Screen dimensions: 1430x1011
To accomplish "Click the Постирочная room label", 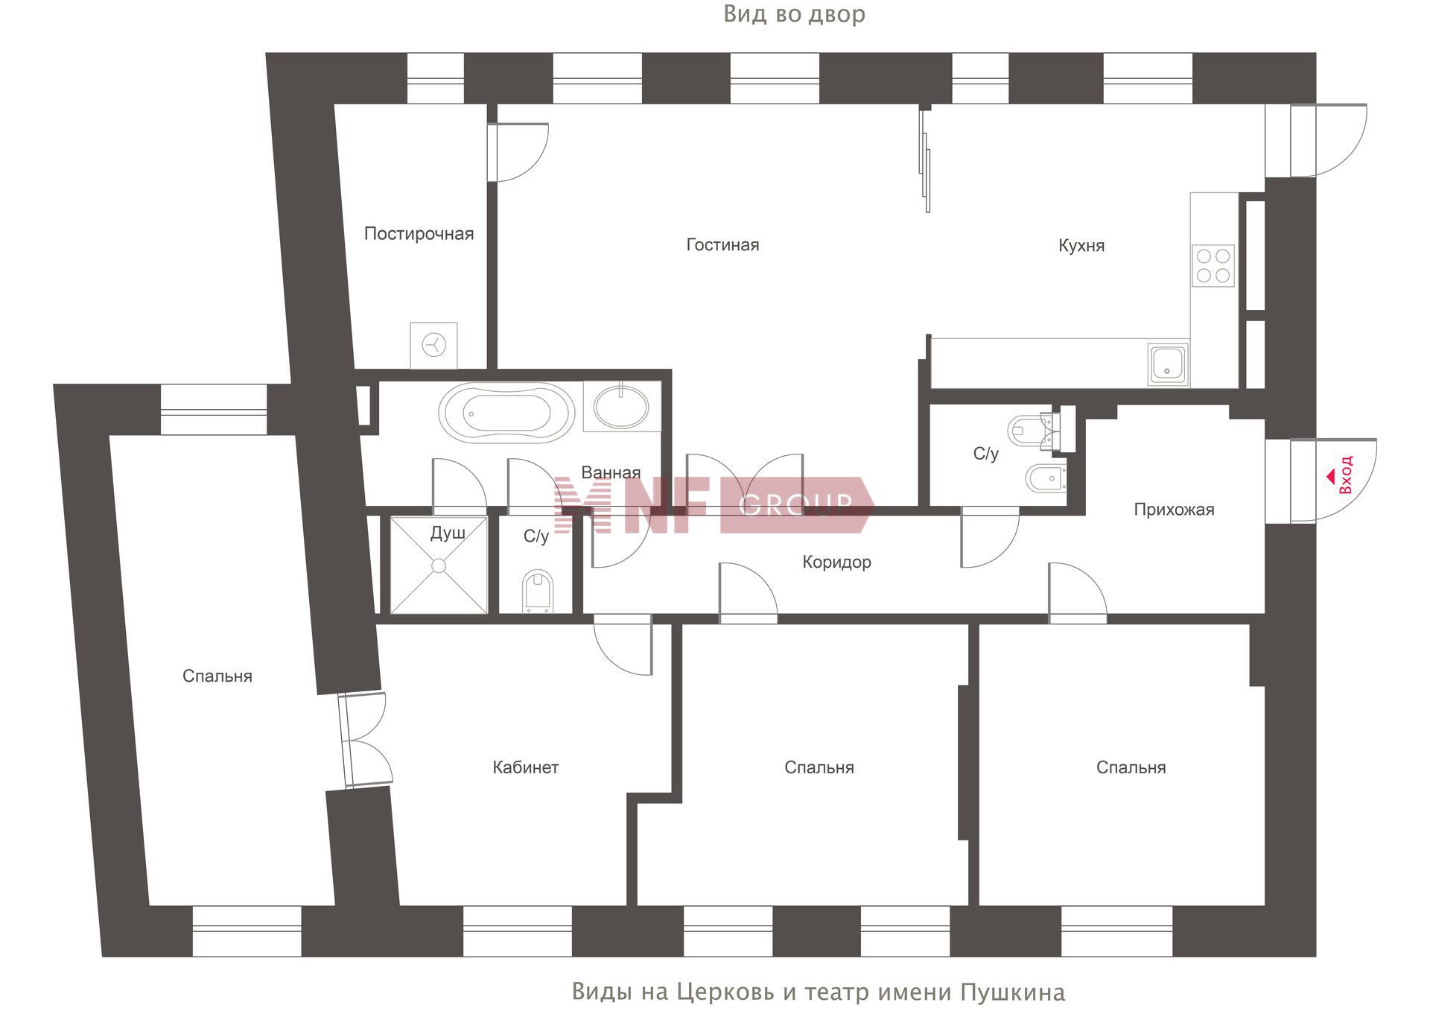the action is coord(419,234).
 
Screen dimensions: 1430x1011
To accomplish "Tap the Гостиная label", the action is coord(722,245).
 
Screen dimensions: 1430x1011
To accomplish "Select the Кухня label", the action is coord(1081,246).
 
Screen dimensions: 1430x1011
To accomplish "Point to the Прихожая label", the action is coord(1174,510).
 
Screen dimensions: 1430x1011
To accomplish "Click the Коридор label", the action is coord(836,562).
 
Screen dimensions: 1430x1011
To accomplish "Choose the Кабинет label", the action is coord(525,767).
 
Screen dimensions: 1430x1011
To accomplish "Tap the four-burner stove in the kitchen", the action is coord(1213,266).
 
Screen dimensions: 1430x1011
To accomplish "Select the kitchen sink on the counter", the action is coord(1168,364).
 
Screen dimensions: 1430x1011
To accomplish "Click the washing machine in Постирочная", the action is coord(433,345).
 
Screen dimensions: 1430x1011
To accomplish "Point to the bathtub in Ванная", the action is coord(506,413).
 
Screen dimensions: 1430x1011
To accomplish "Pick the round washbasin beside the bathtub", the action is coord(621,407).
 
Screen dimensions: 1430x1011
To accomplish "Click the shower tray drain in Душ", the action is coord(439,566).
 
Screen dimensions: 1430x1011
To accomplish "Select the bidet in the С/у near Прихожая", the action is coord(1046,478).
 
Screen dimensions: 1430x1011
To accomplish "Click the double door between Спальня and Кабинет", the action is coord(365,739).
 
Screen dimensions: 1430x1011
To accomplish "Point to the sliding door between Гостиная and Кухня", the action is coord(925,160).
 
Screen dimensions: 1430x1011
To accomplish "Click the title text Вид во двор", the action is coord(794,14).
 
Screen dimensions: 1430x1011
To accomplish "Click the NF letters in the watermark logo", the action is coord(664,505).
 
